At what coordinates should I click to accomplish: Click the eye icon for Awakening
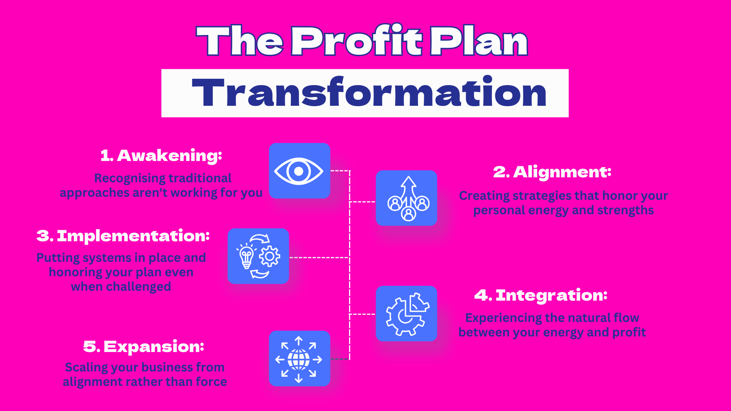299,171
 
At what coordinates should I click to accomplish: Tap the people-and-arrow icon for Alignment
408,198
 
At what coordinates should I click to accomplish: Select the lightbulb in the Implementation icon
246,257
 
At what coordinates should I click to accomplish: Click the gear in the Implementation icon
270,256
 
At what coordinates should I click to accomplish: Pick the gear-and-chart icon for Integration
407,314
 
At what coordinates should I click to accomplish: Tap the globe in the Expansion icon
299,359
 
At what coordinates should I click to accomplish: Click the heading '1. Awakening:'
161,156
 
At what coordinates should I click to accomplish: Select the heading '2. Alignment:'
552,172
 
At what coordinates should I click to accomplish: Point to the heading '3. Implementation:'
123,236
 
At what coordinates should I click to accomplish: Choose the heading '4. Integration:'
541,295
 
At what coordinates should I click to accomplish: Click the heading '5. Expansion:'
144,347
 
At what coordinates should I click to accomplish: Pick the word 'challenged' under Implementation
138,287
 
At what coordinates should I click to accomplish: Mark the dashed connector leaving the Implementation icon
319,258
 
